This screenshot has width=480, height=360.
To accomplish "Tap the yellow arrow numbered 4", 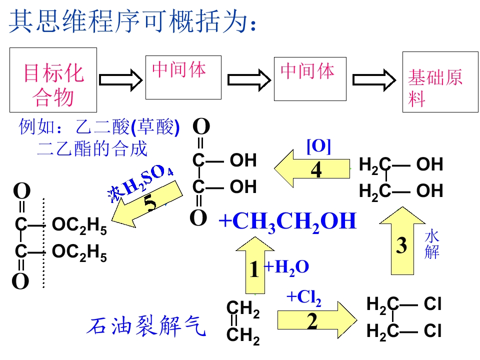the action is pyautogui.click(x=312, y=168).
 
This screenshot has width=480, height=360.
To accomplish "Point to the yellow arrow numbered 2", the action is pyautogui.click(x=317, y=320).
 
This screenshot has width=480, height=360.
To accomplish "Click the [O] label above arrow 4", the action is pyautogui.click(x=318, y=146).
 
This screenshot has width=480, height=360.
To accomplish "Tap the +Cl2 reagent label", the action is pyautogui.click(x=304, y=297).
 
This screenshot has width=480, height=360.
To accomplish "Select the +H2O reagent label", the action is pyautogui.click(x=286, y=267).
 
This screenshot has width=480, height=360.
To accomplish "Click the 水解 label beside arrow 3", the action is pyautogui.click(x=432, y=245).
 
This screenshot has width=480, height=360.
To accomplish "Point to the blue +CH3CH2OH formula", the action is pyautogui.click(x=288, y=222).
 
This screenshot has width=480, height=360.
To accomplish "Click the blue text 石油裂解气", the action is pyautogui.click(x=146, y=325).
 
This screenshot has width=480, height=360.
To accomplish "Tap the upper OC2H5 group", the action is pyautogui.click(x=79, y=225).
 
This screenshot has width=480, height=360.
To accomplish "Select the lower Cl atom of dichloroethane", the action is pyautogui.click(x=432, y=331).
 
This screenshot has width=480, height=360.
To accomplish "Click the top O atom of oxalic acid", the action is pyautogui.click(x=201, y=126).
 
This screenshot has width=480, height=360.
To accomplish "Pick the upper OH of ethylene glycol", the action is pyautogui.click(x=430, y=164).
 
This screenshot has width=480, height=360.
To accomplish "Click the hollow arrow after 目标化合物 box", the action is pyautogui.click(x=121, y=80).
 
